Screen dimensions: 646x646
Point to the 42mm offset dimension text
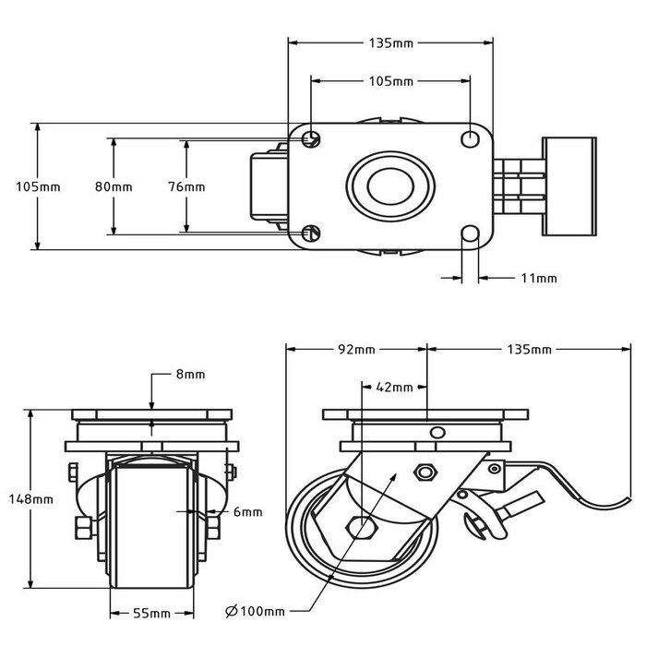395,388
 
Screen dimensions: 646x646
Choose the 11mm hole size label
540,277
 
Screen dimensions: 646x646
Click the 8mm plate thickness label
189,374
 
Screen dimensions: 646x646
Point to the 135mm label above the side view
530,350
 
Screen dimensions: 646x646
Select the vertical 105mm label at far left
38,186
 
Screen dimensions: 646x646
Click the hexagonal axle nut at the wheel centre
363,529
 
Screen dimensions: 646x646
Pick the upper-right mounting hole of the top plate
469,138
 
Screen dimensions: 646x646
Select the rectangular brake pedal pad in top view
570,185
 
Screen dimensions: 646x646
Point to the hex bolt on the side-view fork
425,473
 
